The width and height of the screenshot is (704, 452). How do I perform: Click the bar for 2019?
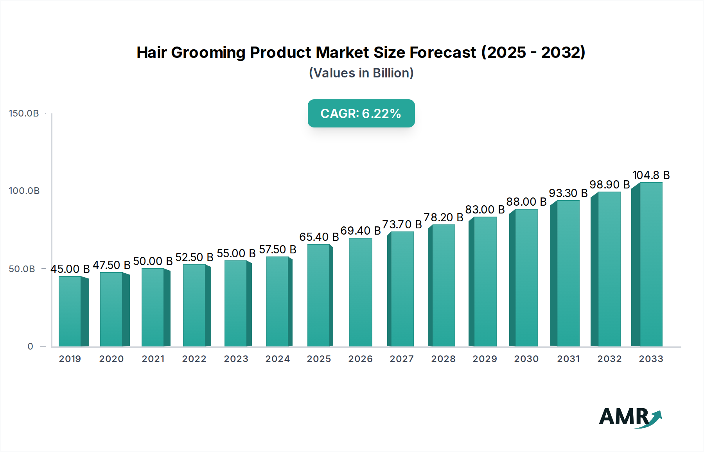[70, 311]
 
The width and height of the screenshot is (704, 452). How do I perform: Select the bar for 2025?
[319, 295]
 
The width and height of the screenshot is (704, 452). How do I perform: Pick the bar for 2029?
[485, 282]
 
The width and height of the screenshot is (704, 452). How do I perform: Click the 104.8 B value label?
[651, 175]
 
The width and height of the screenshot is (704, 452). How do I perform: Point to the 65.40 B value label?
[319, 237]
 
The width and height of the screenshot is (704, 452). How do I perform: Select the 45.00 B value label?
[70, 269]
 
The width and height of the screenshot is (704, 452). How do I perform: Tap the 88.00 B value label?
[526, 202]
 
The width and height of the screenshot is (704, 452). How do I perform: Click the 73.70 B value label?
[402, 224]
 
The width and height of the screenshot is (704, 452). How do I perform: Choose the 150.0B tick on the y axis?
[24, 113]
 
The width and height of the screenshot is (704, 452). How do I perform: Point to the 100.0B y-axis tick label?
[24, 191]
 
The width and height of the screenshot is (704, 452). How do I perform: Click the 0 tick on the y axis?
[30, 346]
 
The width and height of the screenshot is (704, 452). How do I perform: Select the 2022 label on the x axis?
[194, 359]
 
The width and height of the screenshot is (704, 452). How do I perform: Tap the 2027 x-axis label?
[402, 359]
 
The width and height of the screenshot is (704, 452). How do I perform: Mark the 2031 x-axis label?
[568, 359]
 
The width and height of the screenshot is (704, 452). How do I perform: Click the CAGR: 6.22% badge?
[361, 113]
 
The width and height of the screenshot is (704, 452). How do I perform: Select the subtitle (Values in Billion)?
[361, 73]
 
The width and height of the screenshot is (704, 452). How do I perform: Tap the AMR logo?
[630, 417]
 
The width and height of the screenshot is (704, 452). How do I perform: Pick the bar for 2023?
[236, 303]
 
